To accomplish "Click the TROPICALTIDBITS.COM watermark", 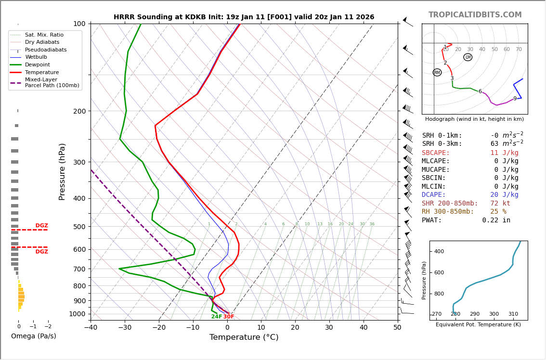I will point(475,15).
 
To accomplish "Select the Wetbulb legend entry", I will point(36,57).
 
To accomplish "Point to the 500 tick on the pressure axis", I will point(79,227).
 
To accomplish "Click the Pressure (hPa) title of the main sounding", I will point(63,171).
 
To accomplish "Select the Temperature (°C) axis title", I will point(244,337).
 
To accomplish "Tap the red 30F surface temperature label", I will point(229,317).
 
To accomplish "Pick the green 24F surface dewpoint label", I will point(217,317).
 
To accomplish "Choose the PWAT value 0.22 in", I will point(496,220).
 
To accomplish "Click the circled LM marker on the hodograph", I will point(468,57).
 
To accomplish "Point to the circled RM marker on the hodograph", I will point(437,73).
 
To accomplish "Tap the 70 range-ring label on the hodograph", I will point(519,50).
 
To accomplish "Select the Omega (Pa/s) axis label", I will point(33,336).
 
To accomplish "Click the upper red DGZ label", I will point(42,226).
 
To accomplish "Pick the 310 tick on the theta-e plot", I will point(513,314).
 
